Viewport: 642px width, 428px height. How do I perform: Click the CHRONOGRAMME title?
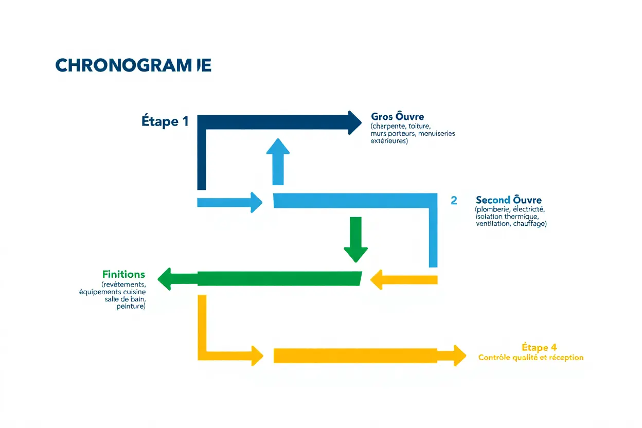click(x=133, y=65)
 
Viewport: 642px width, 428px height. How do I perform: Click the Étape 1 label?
click(x=165, y=121)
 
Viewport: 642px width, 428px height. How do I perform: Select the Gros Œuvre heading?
click(x=397, y=117)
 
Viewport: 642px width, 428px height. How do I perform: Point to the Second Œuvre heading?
click(x=508, y=200)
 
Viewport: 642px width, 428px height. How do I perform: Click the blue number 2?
click(x=454, y=201)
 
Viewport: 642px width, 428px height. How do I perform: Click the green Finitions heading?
click(x=123, y=274)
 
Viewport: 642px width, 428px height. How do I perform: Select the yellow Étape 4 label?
click(x=539, y=347)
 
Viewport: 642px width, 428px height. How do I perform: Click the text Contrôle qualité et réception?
click(x=531, y=358)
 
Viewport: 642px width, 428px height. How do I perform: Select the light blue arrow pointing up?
click(x=278, y=160)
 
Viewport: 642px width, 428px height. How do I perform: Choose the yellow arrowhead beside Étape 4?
click(x=458, y=355)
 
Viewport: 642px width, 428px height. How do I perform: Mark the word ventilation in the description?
click(x=493, y=224)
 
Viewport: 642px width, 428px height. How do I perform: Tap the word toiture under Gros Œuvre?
click(x=419, y=126)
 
